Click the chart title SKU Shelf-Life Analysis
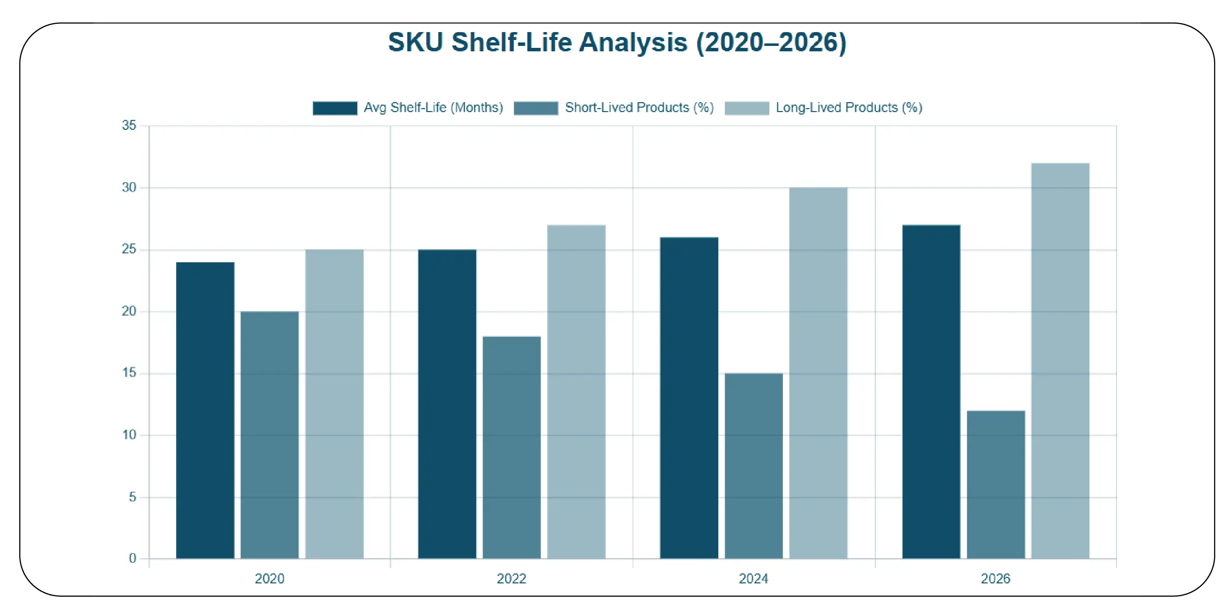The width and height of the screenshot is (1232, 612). [x=617, y=42]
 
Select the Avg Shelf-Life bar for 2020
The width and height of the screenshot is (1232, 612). [x=205, y=410]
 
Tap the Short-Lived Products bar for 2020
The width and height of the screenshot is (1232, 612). [x=269, y=435]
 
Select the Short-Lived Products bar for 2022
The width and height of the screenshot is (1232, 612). [x=512, y=447]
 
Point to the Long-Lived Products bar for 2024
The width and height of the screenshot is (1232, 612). [x=818, y=373]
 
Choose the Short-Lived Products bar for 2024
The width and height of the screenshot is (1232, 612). [x=753, y=466]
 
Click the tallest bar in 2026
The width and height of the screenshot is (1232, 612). [x=1060, y=361]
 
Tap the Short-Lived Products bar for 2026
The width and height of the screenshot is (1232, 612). [x=996, y=484]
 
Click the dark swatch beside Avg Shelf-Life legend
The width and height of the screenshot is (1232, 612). [x=335, y=108]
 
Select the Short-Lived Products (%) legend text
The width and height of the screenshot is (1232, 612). [x=639, y=108]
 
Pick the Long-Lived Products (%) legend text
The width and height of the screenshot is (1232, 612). [x=849, y=108]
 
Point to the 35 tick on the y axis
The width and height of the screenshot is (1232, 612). [x=129, y=125]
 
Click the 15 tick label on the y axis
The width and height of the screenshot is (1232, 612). [x=129, y=373]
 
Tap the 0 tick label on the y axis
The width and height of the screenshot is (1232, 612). [x=132, y=558]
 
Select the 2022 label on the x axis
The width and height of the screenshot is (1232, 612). [x=511, y=578]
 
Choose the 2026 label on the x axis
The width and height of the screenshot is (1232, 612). [x=995, y=578]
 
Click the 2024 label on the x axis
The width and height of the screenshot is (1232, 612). [x=753, y=578]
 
